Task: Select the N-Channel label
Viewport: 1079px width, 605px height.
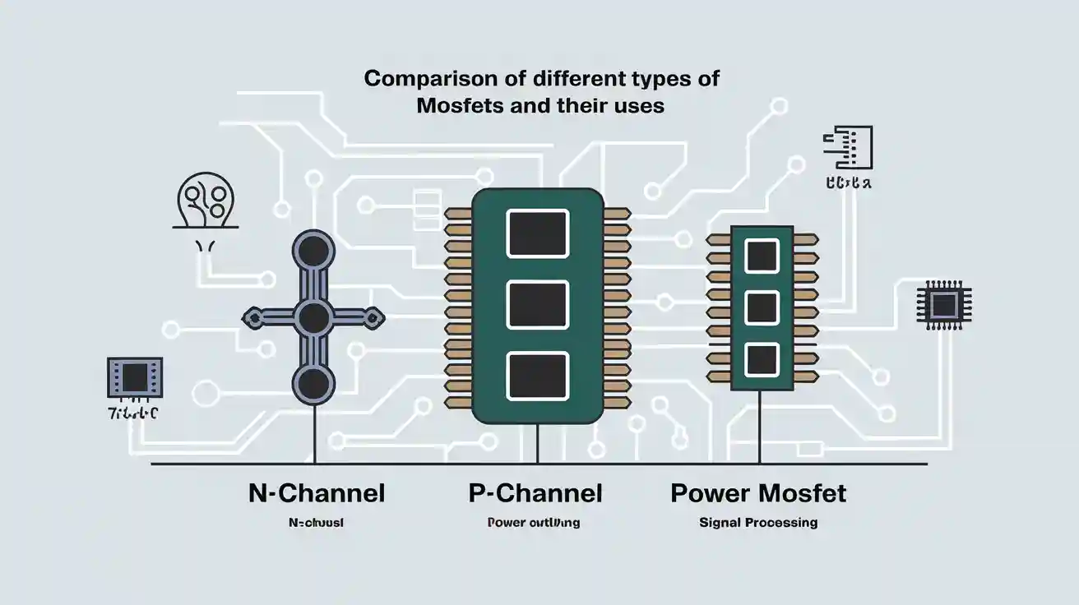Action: click(317, 493)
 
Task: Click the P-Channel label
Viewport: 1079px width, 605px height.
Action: click(535, 493)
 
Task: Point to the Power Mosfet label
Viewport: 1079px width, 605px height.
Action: click(758, 493)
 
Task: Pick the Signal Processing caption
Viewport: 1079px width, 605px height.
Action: click(758, 522)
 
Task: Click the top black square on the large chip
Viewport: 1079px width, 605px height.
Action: click(538, 233)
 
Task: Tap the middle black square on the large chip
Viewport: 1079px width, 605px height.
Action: click(538, 304)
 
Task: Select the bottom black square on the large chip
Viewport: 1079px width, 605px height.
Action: click(538, 376)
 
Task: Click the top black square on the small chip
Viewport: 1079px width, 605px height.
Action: click(761, 256)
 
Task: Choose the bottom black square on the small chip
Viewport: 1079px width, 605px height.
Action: click(761, 359)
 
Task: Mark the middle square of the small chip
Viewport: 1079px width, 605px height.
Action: click(761, 308)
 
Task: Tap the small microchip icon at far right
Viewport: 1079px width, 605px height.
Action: click(943, 305)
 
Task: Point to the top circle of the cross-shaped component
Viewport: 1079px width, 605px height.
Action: click(313, 249)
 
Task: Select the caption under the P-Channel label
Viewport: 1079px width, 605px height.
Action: click(533, 522)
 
